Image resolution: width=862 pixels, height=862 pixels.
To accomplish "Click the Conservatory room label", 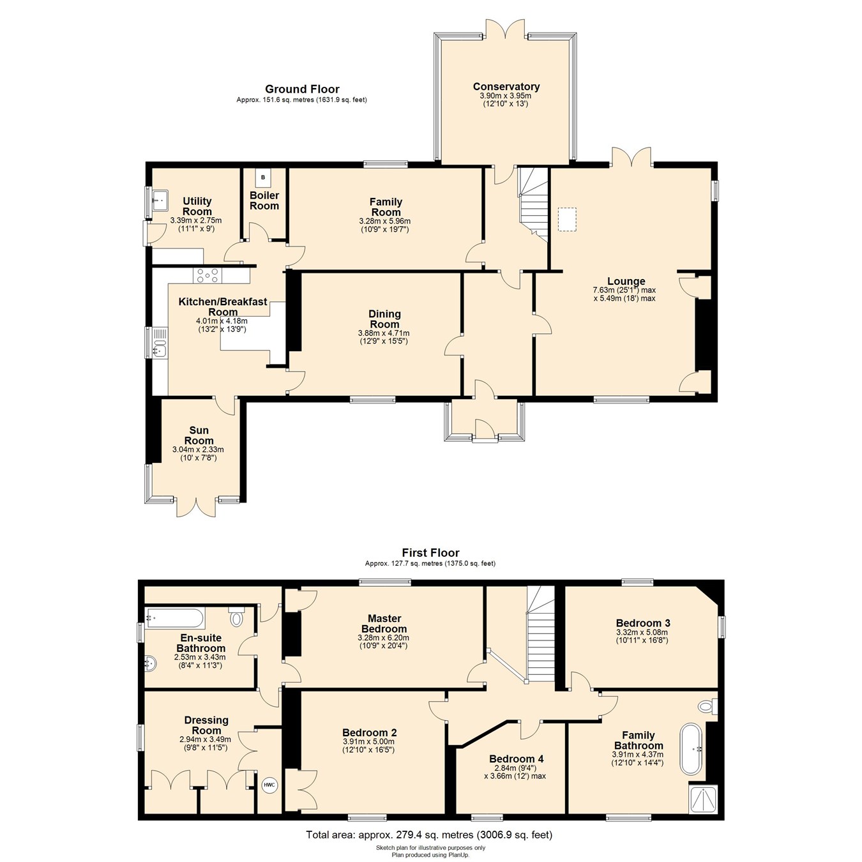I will tap(506, 87).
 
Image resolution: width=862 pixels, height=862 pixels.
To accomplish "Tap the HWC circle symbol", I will tap(269, 785).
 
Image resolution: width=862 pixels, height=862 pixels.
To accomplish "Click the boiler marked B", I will tap(262, 178).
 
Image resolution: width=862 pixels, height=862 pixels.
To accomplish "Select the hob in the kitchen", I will tap(208, 275).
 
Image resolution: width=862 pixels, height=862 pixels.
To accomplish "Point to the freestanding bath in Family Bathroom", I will tap(693, 749).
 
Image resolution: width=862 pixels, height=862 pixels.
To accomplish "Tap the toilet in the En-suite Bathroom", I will tap(237, 618).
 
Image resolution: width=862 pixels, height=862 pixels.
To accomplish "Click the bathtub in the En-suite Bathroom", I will tap(175, 618).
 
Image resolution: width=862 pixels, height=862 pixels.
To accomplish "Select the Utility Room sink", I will tap(158, 200).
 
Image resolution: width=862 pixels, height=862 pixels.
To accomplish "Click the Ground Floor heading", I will tap(302, 89).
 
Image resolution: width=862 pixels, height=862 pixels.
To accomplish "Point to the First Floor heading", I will tap(430, 553).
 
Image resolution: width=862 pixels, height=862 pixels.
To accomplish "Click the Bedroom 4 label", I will tap(516, 759).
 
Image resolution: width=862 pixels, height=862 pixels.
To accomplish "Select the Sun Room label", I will tap(199, 435).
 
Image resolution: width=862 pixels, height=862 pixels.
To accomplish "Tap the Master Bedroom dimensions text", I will tap(384, 641).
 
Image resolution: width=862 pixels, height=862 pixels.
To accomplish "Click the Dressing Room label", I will tap(206, 725).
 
